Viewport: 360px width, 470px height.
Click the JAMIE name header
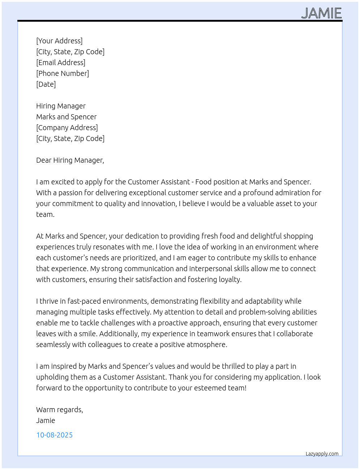pyautogui.click(x=321, y=13)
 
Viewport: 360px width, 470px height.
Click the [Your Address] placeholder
pyautogui.click(x=59, y=41)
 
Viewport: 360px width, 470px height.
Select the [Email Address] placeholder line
pyautogui.click(x=61, y=63)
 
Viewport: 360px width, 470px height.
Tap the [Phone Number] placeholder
pyautogui.click(x=63, y=73)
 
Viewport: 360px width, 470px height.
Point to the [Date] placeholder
pyautogui.click(x=46, y=84)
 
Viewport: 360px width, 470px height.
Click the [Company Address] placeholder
pyautogui.click(x=67, y=128)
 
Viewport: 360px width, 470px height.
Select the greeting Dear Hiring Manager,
pyautogui.click(x=70, y=160)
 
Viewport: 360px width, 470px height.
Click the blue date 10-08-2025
pyautogui.click(x=55, y=435)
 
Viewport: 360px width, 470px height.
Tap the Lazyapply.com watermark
pyautogui.click(x=322, y=454)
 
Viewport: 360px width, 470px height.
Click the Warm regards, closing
pyautogui.click(x=60, y=410)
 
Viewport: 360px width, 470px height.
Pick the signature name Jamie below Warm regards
pyautogui.click(x=46, y=420)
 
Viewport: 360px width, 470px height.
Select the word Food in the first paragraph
pyautogui.click(x=203, y=182)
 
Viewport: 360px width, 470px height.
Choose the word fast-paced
pyautogui.click(x=84, y=301)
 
